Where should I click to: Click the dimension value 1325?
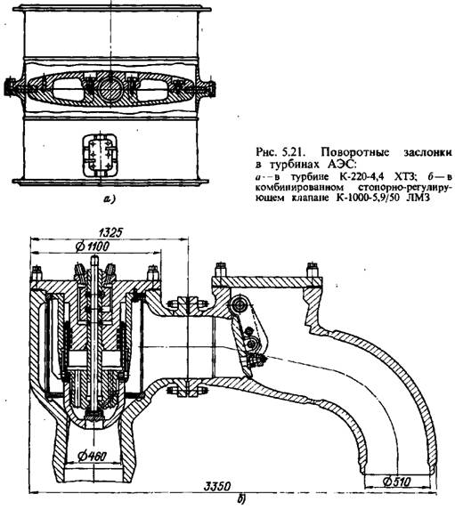click(x=110, y=232)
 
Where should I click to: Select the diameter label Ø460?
click(x=92, y=457)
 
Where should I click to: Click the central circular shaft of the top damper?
click(x=111, y=88)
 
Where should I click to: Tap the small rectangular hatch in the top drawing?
click(x=100, y=155)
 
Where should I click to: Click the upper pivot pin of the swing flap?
click(x=240, y=304)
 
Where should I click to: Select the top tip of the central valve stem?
click(x=94, y=256)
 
